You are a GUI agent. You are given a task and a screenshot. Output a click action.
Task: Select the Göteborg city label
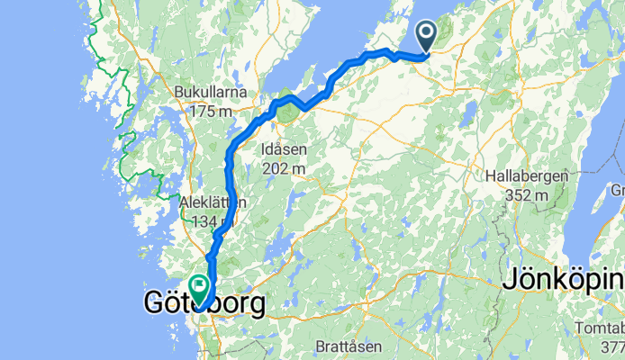click(x=204, y=304)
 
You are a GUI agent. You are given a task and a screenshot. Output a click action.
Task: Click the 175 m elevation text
click(x=212, y=112)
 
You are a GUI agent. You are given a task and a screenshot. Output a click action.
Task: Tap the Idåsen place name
click(x=283, y=148)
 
